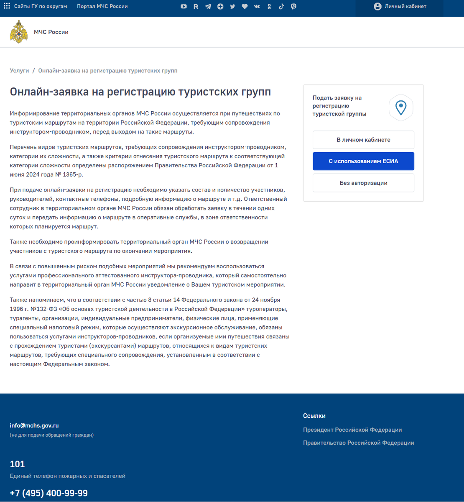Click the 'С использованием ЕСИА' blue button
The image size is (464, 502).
pyautogui.click(x=363, y=161)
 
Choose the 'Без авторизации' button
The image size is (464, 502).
pyautogui.click(x=363, y=183)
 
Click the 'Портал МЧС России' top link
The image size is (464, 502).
pyautogui.click(x=102, y=6)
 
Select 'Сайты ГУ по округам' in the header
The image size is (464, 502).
pyautogui.click(x=41, y=6)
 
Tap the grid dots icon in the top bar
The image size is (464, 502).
pyautogui.click(x=7, y=6)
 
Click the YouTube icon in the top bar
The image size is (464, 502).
pyautogui.click(x=184, y=6)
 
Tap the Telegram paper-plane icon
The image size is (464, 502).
pyautogui.click(x=208, y=6)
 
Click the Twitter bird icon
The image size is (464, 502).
pyautogui.click(x=232, y=6)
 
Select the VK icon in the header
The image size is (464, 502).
pyautogui.click(x=257, y=6)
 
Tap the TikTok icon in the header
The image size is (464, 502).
pyautogui.click(x=281, y=6)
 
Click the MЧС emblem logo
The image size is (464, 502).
pyautogui.click(x=19, y=32)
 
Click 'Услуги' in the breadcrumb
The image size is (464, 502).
pyautogui.click(x=19, y=71)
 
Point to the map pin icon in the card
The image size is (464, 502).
pyautogui.click(x=401, y=108)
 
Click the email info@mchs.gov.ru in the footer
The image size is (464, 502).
pyautogui.click(x=34, y=425)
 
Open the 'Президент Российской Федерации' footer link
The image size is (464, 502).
pyautogui.click(x=352, y=430)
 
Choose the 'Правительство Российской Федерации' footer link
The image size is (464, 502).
pyautogui.click(x=358, y=443)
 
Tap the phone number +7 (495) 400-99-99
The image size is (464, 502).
pyautogui.click(x=49, y=493)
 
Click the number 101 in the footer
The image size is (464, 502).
pyautogui.click(x=18, y=464)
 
